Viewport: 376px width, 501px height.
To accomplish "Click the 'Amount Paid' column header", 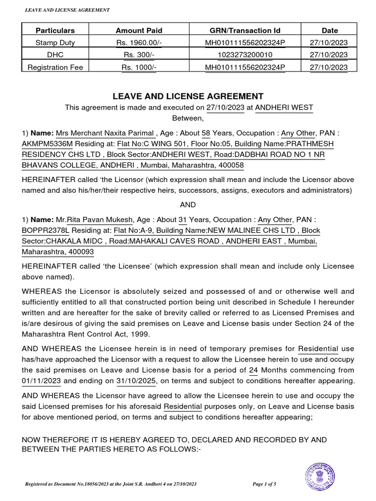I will click(x=139, y=30).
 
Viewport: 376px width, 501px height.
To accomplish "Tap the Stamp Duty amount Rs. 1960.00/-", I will click(x=139, y=43).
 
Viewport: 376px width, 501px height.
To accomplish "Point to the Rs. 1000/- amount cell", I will click(x=139, y=67).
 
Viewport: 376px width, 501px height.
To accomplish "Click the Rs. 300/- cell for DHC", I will click(x=139, y=55).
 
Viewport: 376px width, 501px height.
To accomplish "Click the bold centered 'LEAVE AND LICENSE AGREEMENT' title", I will click(x=188, y=96).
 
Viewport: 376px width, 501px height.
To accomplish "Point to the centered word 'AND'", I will click(x=188, y=205).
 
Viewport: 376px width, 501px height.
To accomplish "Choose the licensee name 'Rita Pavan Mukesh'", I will click(x=97, y=220).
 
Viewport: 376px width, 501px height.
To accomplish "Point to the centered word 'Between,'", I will click(x=188, y=118).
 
